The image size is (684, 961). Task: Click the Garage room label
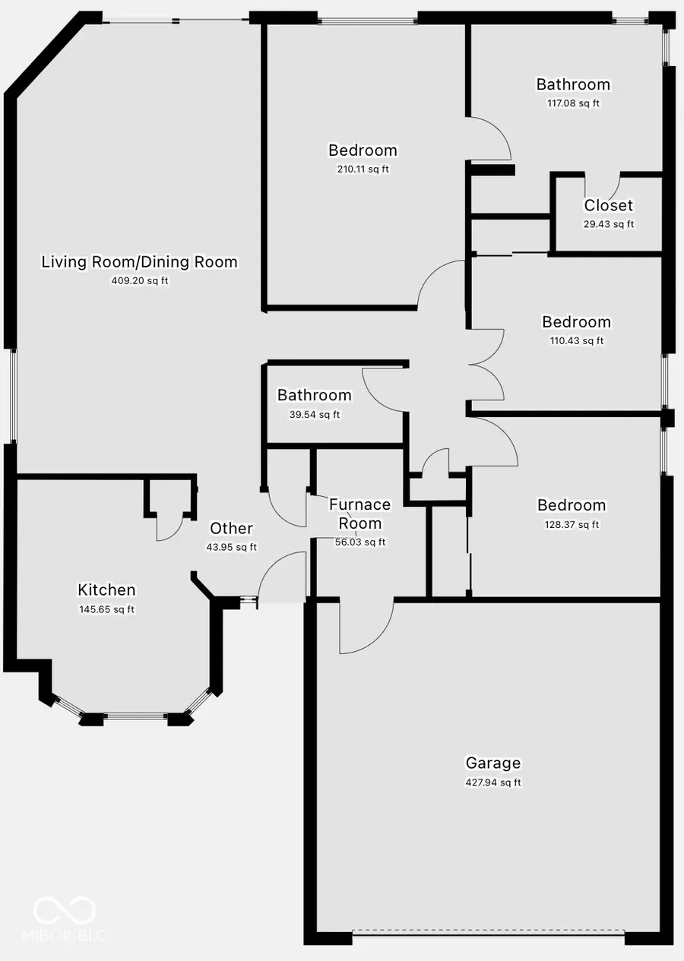point(493,763)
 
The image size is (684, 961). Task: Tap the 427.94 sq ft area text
point(493,782)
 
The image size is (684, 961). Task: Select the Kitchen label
point(106,590)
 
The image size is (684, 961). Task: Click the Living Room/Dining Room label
point(139,262)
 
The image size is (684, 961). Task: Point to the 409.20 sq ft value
point(139,281)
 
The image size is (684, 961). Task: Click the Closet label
point(608,205)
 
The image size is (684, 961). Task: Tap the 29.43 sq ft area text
point(608,224)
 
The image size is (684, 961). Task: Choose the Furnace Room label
point(359,514)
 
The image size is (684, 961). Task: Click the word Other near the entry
point(231,529)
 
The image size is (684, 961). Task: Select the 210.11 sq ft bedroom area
point(363,169)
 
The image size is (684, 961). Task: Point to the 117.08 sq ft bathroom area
point(573,103)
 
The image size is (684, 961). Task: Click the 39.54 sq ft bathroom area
point(314,415)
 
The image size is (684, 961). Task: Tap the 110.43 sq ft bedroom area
point(576,341)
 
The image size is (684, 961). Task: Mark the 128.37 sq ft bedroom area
point(572,525)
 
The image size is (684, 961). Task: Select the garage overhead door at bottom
point(489,930)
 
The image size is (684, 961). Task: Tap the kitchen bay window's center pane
point(135,715)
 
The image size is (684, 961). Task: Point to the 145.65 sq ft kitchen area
point(106,609)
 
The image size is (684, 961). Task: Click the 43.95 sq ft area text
point(231,547)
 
